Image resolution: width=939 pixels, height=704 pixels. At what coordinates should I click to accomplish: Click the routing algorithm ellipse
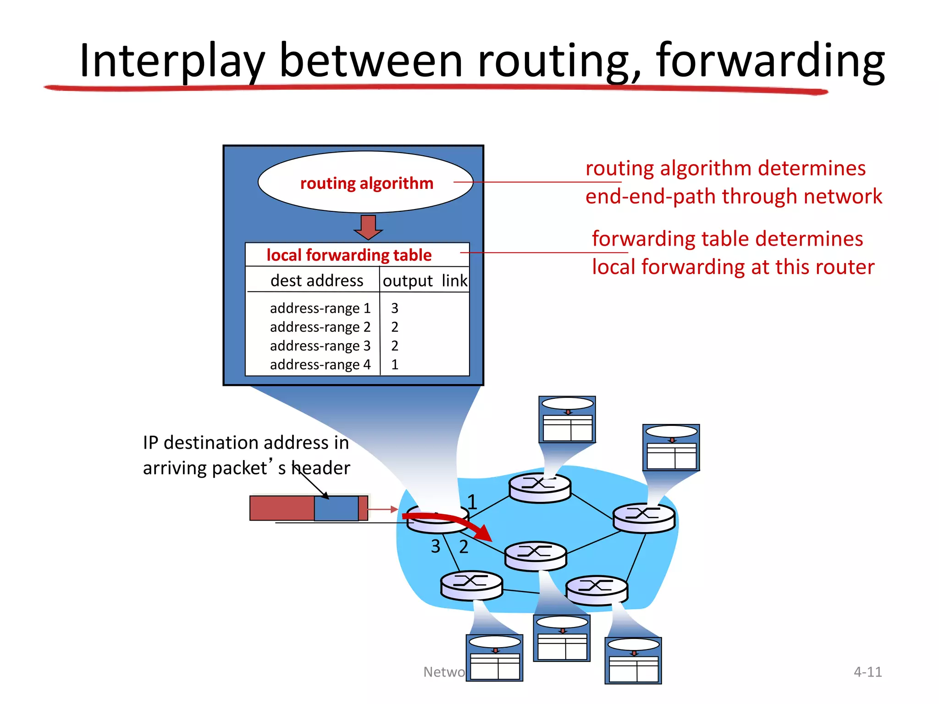point(365,182)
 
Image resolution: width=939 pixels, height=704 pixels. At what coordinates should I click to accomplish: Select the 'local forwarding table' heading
point(349,255)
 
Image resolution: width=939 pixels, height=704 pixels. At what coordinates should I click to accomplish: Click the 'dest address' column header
point(316,280)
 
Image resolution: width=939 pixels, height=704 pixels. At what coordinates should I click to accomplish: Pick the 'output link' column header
point(425,280)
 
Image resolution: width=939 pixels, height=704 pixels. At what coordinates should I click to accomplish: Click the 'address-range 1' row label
point(320,308)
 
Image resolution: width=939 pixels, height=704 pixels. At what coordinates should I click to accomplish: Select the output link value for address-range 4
point(394,364)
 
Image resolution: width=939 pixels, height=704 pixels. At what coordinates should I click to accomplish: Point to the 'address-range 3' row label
point(320,346)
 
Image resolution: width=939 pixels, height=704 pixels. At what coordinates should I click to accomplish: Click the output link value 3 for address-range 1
point(394,308)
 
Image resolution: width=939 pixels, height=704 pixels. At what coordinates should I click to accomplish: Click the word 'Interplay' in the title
point(172,60)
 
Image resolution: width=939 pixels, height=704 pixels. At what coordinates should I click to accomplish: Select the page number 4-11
point(867,671)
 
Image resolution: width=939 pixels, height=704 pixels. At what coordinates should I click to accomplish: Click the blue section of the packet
point(336,508)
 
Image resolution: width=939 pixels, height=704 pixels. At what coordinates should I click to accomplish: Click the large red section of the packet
point(282,508)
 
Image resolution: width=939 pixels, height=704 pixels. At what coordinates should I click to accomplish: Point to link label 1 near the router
point(472,502)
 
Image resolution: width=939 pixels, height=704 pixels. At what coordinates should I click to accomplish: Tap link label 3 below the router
point(436,546)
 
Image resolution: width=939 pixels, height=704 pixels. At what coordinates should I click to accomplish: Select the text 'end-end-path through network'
point(733,196)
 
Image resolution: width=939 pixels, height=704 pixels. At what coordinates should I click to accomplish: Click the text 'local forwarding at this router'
point(733,267)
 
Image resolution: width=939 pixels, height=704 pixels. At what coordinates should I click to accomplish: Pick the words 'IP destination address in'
point(246,443)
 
